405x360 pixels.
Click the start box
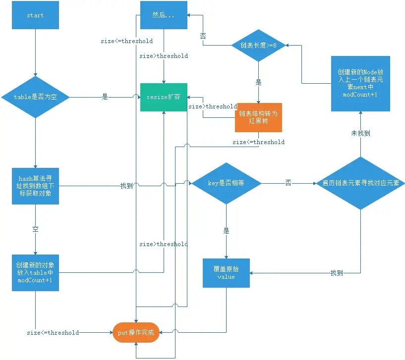tap(35, 15)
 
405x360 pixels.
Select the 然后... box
tap(164, 15)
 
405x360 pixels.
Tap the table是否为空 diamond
tap(35, 97)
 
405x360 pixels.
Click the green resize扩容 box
tap(164, 97)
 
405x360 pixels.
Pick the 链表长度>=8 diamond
tap(258, 46)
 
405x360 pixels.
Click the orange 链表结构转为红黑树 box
tap(258, 117)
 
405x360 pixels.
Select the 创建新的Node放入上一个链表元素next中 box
tap(360, 84)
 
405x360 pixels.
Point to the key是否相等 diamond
tap(226, 183)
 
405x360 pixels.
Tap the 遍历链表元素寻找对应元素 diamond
tap(360, 183)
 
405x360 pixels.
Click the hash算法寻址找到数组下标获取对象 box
tap(35, 186)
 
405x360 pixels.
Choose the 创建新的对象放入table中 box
tap(35, 273)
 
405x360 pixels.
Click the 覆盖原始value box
tap(226, 273)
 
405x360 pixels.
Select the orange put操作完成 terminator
tap(136, 332)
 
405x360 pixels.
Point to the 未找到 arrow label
tap(360, 133)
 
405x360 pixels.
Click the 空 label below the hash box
tap(35, 229)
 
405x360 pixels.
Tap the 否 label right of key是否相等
tap(288, 183)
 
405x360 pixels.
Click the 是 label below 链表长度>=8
tap(258, 83)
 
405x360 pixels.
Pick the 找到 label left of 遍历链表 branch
tap(337, 273)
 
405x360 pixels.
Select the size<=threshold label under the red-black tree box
tap(259, 142)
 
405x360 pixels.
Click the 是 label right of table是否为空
tap(105, 97)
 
